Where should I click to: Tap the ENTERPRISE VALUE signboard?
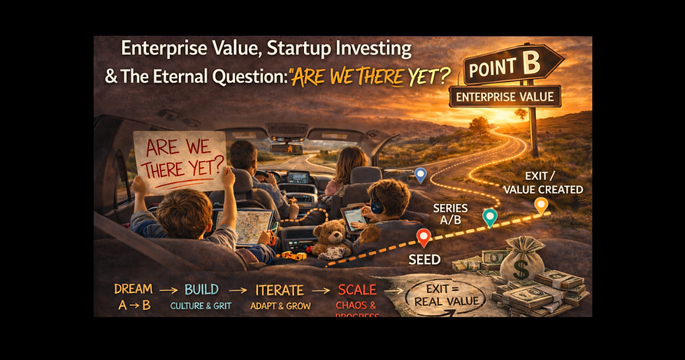coord(505,96)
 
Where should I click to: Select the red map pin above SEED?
coord(423,238)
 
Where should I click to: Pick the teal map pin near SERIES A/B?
coord(490,217)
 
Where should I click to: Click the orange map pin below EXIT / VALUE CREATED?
coord(540,205)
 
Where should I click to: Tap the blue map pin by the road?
coord(420,175)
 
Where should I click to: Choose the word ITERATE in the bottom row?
coord(278,290)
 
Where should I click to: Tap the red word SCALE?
coord(356,290)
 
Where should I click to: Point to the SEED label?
coord(424,259)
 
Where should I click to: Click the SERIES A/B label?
coord(451,214)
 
